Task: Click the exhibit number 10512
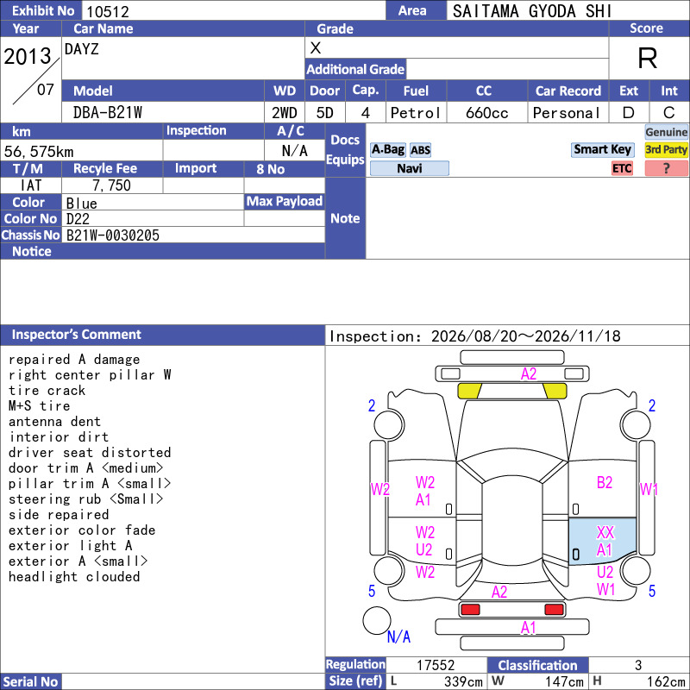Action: (108, 11)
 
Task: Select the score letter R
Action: (648, 58)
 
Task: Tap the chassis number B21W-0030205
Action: (113, 235)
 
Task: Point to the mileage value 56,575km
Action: (39, 152)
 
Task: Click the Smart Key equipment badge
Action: (602, 149)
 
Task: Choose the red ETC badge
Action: (622, 168)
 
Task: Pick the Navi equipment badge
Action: (409, 168)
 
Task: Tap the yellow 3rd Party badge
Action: (666, 149)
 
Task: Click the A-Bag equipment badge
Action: (387, 149)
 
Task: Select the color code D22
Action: (78, 219)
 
